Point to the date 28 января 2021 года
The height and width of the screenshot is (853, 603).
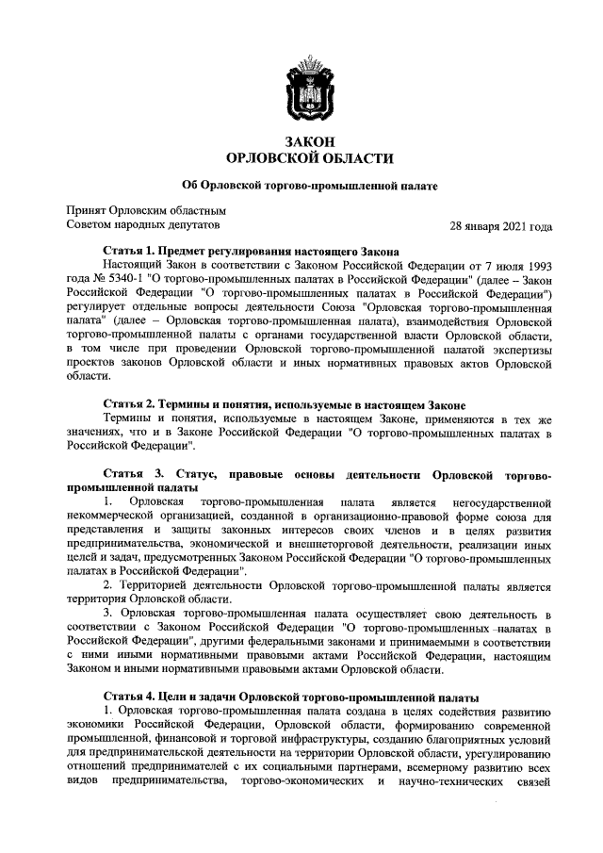point(501,227)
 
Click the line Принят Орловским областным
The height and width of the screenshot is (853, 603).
point(146,211)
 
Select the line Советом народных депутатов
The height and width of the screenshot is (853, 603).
point(142,227)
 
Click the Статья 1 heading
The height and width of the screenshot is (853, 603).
point(252,252)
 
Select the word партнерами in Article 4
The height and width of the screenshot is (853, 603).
point(320,769)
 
